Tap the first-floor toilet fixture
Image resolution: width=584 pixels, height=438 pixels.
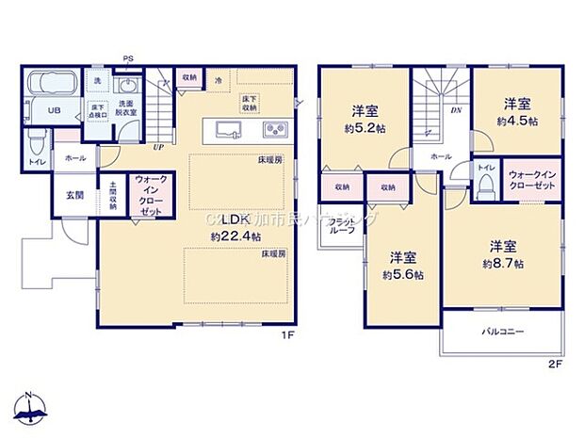pyautogui.click(x=37, y=144)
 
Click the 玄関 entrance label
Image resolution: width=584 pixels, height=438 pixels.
pyautogui.click(x=74, y=196)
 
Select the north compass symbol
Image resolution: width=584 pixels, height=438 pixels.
pyautogui.click(x=30, y=407)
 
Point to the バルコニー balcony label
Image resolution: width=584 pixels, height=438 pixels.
pyautogui.click(x=504, y=332)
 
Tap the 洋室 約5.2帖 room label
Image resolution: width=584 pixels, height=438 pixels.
pyautogui.click(x=361, y=114)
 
